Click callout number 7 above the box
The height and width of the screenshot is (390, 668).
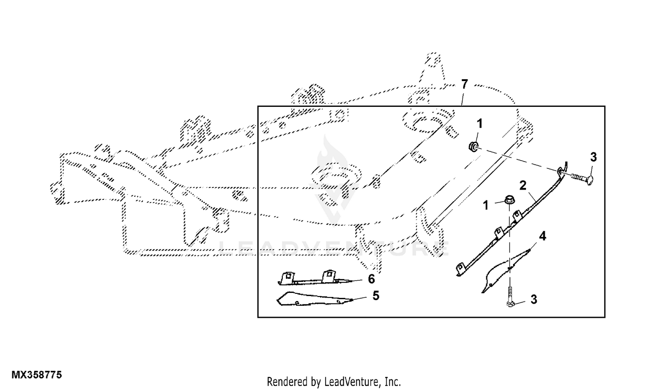click(x=464, y=85)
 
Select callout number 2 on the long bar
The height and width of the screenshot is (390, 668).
click(x=523, y=186)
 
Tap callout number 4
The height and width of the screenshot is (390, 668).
click(x=542, y=236)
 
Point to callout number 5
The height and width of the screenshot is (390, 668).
click(x=376, y=296)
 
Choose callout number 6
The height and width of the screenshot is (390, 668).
click(x=371, y=279)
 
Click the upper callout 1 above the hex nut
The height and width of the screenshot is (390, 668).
click(x=480, y=123)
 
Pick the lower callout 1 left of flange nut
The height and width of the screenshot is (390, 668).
click(x=486, y=205)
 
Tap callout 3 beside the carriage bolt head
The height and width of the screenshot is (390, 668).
click(x=594, y=157)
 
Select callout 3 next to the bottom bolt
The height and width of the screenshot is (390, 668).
click(x=534, y=299)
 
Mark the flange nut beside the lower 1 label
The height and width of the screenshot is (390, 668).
click(x=509, y=200)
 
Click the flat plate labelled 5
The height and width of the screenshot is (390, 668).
click(x=314, y=299)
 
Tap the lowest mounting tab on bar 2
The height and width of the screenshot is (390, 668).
click(x=461, y=268)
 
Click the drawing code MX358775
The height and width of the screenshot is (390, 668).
click(x=37, y=375)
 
